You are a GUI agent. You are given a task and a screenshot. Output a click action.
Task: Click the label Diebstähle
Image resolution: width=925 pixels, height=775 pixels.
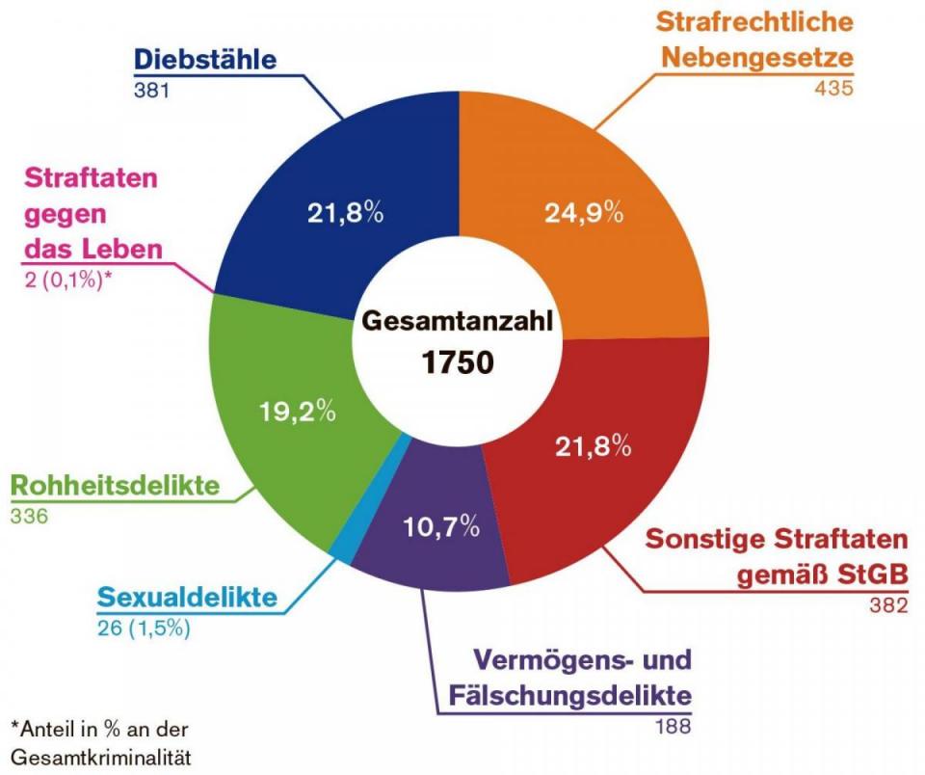point(205,59)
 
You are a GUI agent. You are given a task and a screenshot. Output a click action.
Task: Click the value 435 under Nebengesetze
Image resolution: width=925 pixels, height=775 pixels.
point(834,89)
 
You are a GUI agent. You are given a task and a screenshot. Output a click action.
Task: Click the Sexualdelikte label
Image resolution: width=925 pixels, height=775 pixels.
point(187,598)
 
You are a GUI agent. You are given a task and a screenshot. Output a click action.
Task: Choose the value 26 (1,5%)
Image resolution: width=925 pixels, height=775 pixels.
point(144,628)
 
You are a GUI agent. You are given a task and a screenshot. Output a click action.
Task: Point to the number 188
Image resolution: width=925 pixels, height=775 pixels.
point(672,725)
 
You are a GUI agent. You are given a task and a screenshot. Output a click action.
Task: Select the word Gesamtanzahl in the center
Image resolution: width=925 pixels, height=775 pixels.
point(459,321)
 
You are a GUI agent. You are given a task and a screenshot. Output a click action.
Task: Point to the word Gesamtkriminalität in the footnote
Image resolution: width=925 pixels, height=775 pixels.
point(101,757)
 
